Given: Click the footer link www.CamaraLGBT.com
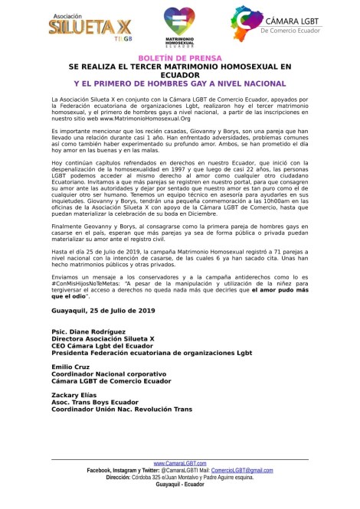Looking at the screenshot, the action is (x=179, y=464).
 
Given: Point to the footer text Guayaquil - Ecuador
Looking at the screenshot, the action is (x=179, y=484).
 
